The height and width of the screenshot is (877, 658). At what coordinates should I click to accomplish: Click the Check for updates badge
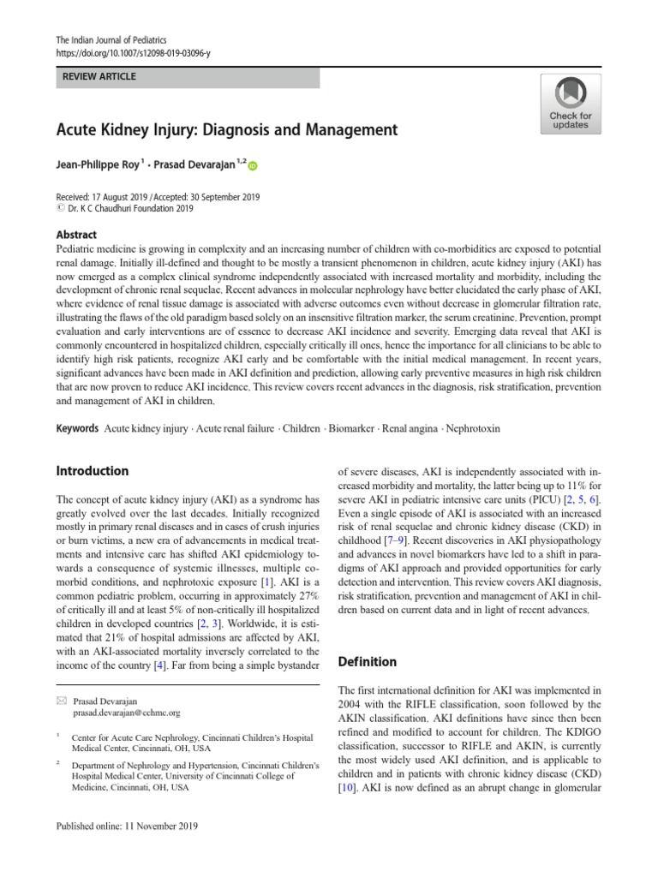(x=570, y=103)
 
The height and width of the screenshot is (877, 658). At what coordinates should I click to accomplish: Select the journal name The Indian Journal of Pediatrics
(x=111, y=39)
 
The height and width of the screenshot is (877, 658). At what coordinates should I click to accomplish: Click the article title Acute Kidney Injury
(x=227, y=130)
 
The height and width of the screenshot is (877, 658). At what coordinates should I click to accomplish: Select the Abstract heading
(x=76, y=235)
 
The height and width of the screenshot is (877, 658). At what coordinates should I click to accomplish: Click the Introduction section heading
(x=92, y=471)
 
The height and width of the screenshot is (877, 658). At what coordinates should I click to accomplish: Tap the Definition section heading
(x=368, y=662)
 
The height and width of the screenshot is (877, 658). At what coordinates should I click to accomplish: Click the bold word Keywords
(x=77, y=427)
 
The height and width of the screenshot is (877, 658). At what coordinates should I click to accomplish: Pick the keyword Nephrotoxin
(x=470, y=427)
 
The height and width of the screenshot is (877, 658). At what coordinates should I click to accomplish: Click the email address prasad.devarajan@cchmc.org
(x=127, y=713)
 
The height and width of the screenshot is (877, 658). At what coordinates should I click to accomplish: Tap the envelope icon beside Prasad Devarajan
(x=60, y=701)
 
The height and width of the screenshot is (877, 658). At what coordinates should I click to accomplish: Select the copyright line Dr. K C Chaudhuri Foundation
(x=129, y=207)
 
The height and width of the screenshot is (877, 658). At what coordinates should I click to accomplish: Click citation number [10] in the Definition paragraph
(x=348, y=787)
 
